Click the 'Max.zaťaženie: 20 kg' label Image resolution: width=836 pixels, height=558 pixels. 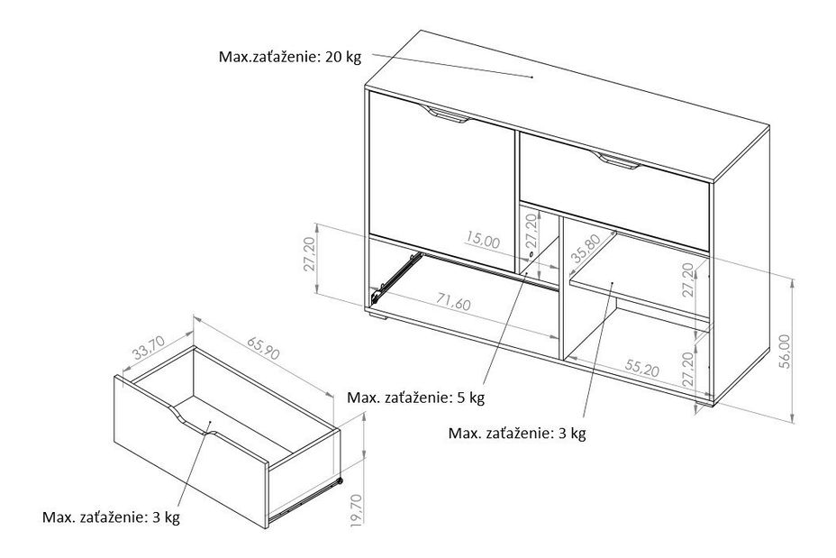tap(289, 57)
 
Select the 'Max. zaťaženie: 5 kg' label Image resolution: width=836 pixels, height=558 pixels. tap(416, 397)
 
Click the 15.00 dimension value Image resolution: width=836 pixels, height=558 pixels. tap(483, 241)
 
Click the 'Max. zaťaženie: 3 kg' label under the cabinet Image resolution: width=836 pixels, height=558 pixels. tap(517, 433)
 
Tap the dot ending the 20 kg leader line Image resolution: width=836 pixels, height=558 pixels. tap(533, 78)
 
